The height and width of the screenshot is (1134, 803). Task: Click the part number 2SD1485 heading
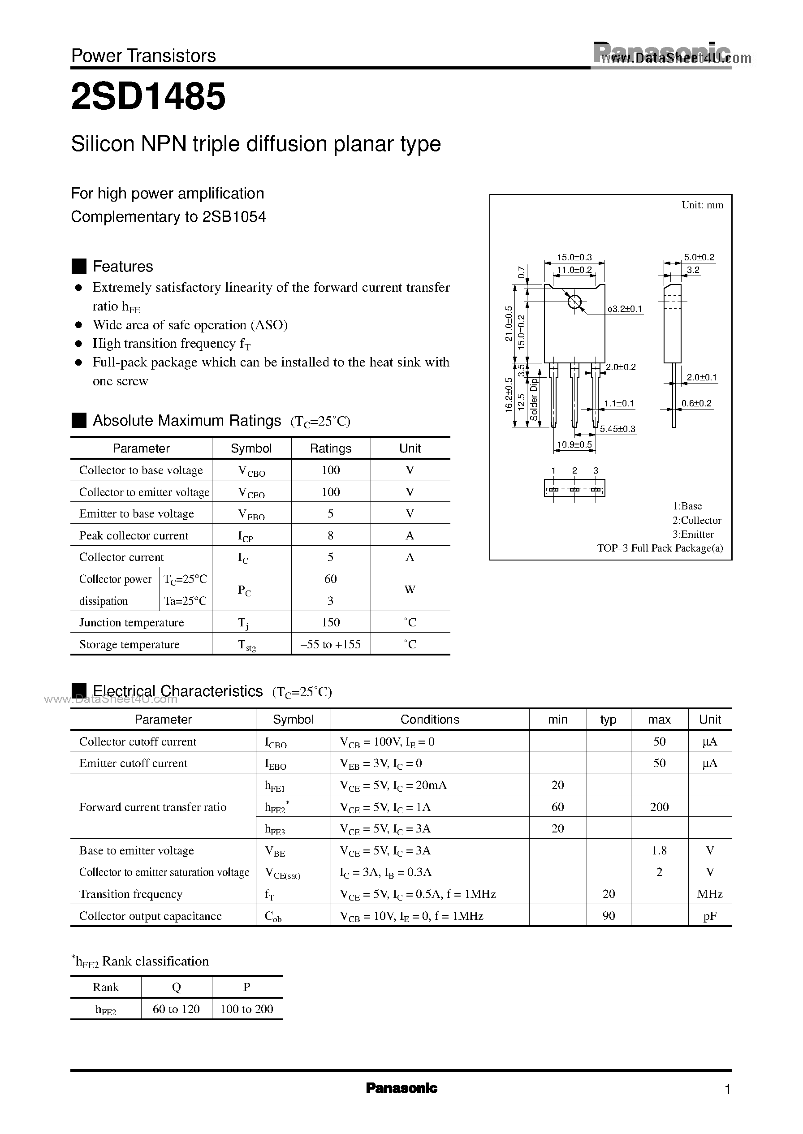pyautogui.click(x=148, y=96)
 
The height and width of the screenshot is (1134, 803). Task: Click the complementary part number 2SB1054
pyautogui.click(x=234, y=216)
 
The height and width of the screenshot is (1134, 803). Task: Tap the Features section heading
pyautogui.click(x=123, y=267)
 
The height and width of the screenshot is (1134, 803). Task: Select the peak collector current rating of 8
pyautogui.click(x=330, y=535)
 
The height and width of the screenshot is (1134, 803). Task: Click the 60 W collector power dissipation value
pyautogui.click(x=330, y=578)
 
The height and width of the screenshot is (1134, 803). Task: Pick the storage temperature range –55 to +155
pyautogui.click(x=330, y=644)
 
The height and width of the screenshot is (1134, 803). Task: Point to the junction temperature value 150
pyautogui.click(x=330, y=622)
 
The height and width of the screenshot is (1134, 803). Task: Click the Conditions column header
pyautogui.click(x=430, y=719)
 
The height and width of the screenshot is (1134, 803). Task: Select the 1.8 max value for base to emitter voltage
pyautogui.click(x=659, y=850)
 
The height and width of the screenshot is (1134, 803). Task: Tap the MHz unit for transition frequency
pyautogui.click(x=709, y=894)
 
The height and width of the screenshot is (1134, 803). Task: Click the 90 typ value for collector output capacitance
pyautogui.click(x=609, y=915)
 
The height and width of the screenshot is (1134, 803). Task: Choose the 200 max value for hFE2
pyautogui.click(x=659, y=807)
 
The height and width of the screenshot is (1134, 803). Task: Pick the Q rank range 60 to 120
pyautogui.click(x=176, y=1009)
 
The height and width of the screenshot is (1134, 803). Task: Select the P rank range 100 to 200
pyautogui.click(x=247, y=1009)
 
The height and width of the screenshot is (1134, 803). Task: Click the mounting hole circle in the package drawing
pyautogui.click(x=574, y=302)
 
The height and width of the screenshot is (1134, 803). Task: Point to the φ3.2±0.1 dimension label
pyautogui.click(x=625, y=309)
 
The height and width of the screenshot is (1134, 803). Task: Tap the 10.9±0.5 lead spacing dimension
pyautogui.click(x=574, y=444)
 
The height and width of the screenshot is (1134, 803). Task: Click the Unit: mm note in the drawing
pyautogui.click(x=702, y=205)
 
